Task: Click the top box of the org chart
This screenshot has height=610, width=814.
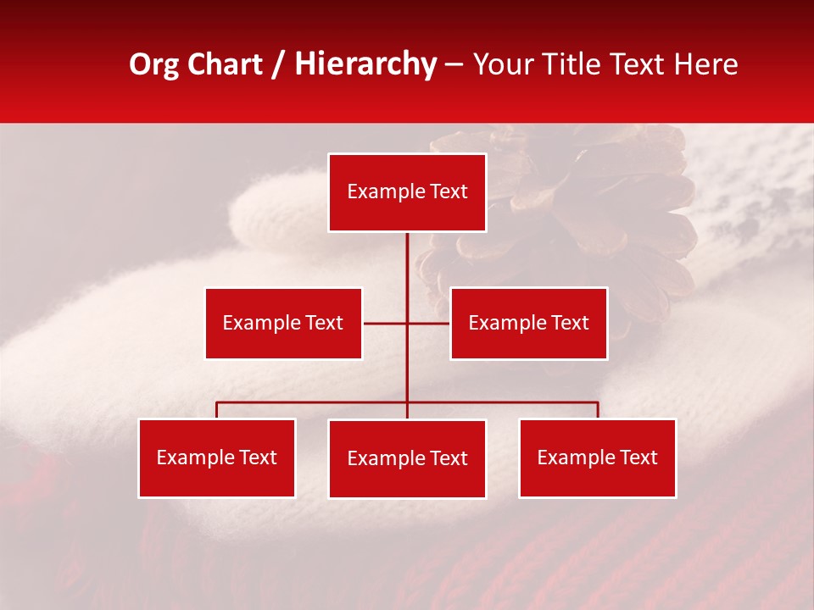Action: click(407, 192)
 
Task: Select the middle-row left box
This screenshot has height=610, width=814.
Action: click(283, 323)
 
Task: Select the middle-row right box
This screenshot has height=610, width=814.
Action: click(528, 323)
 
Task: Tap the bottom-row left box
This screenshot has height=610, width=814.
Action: click(217, 457)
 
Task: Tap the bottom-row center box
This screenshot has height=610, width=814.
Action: click(407, 458)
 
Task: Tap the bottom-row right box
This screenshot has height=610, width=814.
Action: click(597, 457)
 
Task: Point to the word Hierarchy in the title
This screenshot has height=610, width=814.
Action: click(365, 64)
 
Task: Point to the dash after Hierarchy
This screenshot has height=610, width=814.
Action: click(454, 64)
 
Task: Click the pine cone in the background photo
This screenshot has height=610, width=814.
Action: click(577, 220)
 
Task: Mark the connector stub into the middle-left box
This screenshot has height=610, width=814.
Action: click(384, 323)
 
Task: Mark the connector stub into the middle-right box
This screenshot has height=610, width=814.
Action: click(429, 323)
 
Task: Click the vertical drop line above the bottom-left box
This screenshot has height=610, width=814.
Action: click(217, 410)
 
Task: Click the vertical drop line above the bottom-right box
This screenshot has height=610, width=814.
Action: click(597, 410)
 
